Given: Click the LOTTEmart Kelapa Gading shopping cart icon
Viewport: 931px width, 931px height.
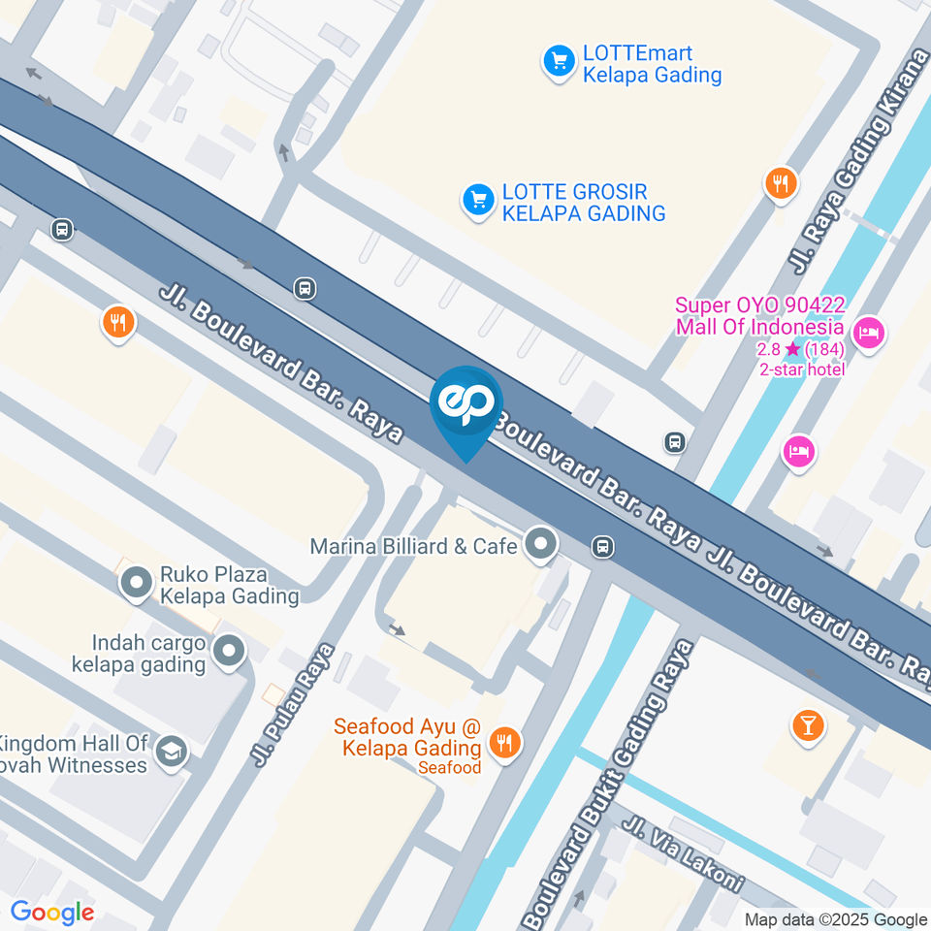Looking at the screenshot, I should (558, 63).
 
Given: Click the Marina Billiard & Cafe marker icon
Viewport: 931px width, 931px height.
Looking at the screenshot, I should (540, 545).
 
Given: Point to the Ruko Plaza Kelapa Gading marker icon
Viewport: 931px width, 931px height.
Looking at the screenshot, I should (136, 584).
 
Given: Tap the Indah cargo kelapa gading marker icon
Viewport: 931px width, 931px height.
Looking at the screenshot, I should (229, 652).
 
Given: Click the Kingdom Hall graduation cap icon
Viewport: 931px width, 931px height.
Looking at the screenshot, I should (172, 752).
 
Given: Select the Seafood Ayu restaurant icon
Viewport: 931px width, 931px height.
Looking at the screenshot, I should (503, 744).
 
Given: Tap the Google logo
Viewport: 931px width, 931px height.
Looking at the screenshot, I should (51, 913).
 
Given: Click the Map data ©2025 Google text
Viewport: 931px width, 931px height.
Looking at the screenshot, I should (836, 919).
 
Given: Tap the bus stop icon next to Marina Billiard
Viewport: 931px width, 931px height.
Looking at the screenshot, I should (603, 547).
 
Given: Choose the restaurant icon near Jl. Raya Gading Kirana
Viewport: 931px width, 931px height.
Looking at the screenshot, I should (780, 182).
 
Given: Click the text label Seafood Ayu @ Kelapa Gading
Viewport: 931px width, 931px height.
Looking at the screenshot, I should (407, 737).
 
